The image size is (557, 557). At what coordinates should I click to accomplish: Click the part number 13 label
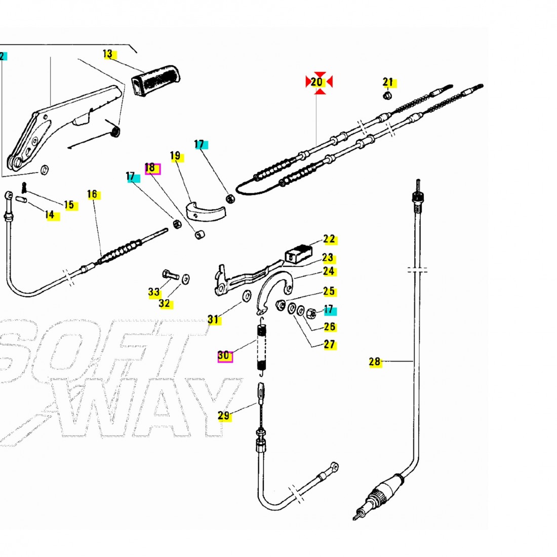[108, 54]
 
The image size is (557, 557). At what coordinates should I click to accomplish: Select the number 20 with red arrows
[317, 82]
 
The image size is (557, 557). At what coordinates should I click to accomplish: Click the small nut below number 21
[386, 95]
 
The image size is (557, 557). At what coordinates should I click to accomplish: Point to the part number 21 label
[388, 82]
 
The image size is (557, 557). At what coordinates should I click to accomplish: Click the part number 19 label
[175, 156]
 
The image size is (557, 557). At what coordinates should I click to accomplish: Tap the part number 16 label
[92, 194]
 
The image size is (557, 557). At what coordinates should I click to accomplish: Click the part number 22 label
[329, 239]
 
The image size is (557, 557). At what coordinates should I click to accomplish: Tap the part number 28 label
[375, 362]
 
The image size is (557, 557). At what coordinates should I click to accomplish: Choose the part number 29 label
[224, 416]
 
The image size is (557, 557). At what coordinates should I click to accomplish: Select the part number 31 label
[213, 319]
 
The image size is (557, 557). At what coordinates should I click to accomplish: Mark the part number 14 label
[50, 215]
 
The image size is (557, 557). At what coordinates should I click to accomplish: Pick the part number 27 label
[330, 344]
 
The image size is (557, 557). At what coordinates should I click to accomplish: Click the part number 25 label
[329, 291]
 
